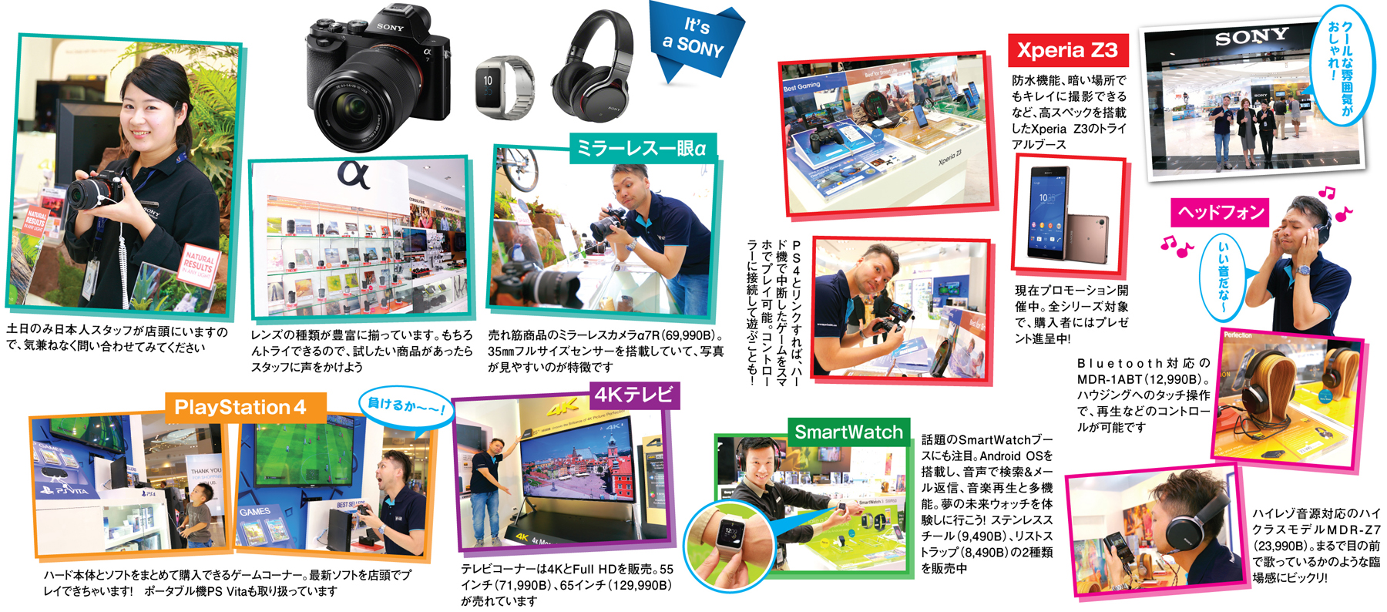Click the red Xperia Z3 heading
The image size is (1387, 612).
pos(1067,51)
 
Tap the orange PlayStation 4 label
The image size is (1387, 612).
pos(245,407)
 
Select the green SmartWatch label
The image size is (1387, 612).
pos(848,432)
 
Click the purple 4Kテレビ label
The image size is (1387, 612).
pos(635,395)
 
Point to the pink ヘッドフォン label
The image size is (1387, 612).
pos(1221,212)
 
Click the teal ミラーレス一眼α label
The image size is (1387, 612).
pos(643,147)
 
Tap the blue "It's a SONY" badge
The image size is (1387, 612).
pos(695,39)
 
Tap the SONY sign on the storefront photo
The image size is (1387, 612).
pos(1251,37)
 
